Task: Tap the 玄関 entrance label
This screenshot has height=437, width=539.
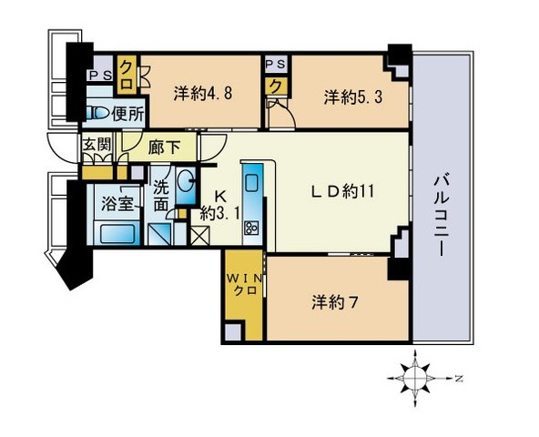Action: (97, 145)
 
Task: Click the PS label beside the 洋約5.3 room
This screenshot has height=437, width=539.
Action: (275, 65)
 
